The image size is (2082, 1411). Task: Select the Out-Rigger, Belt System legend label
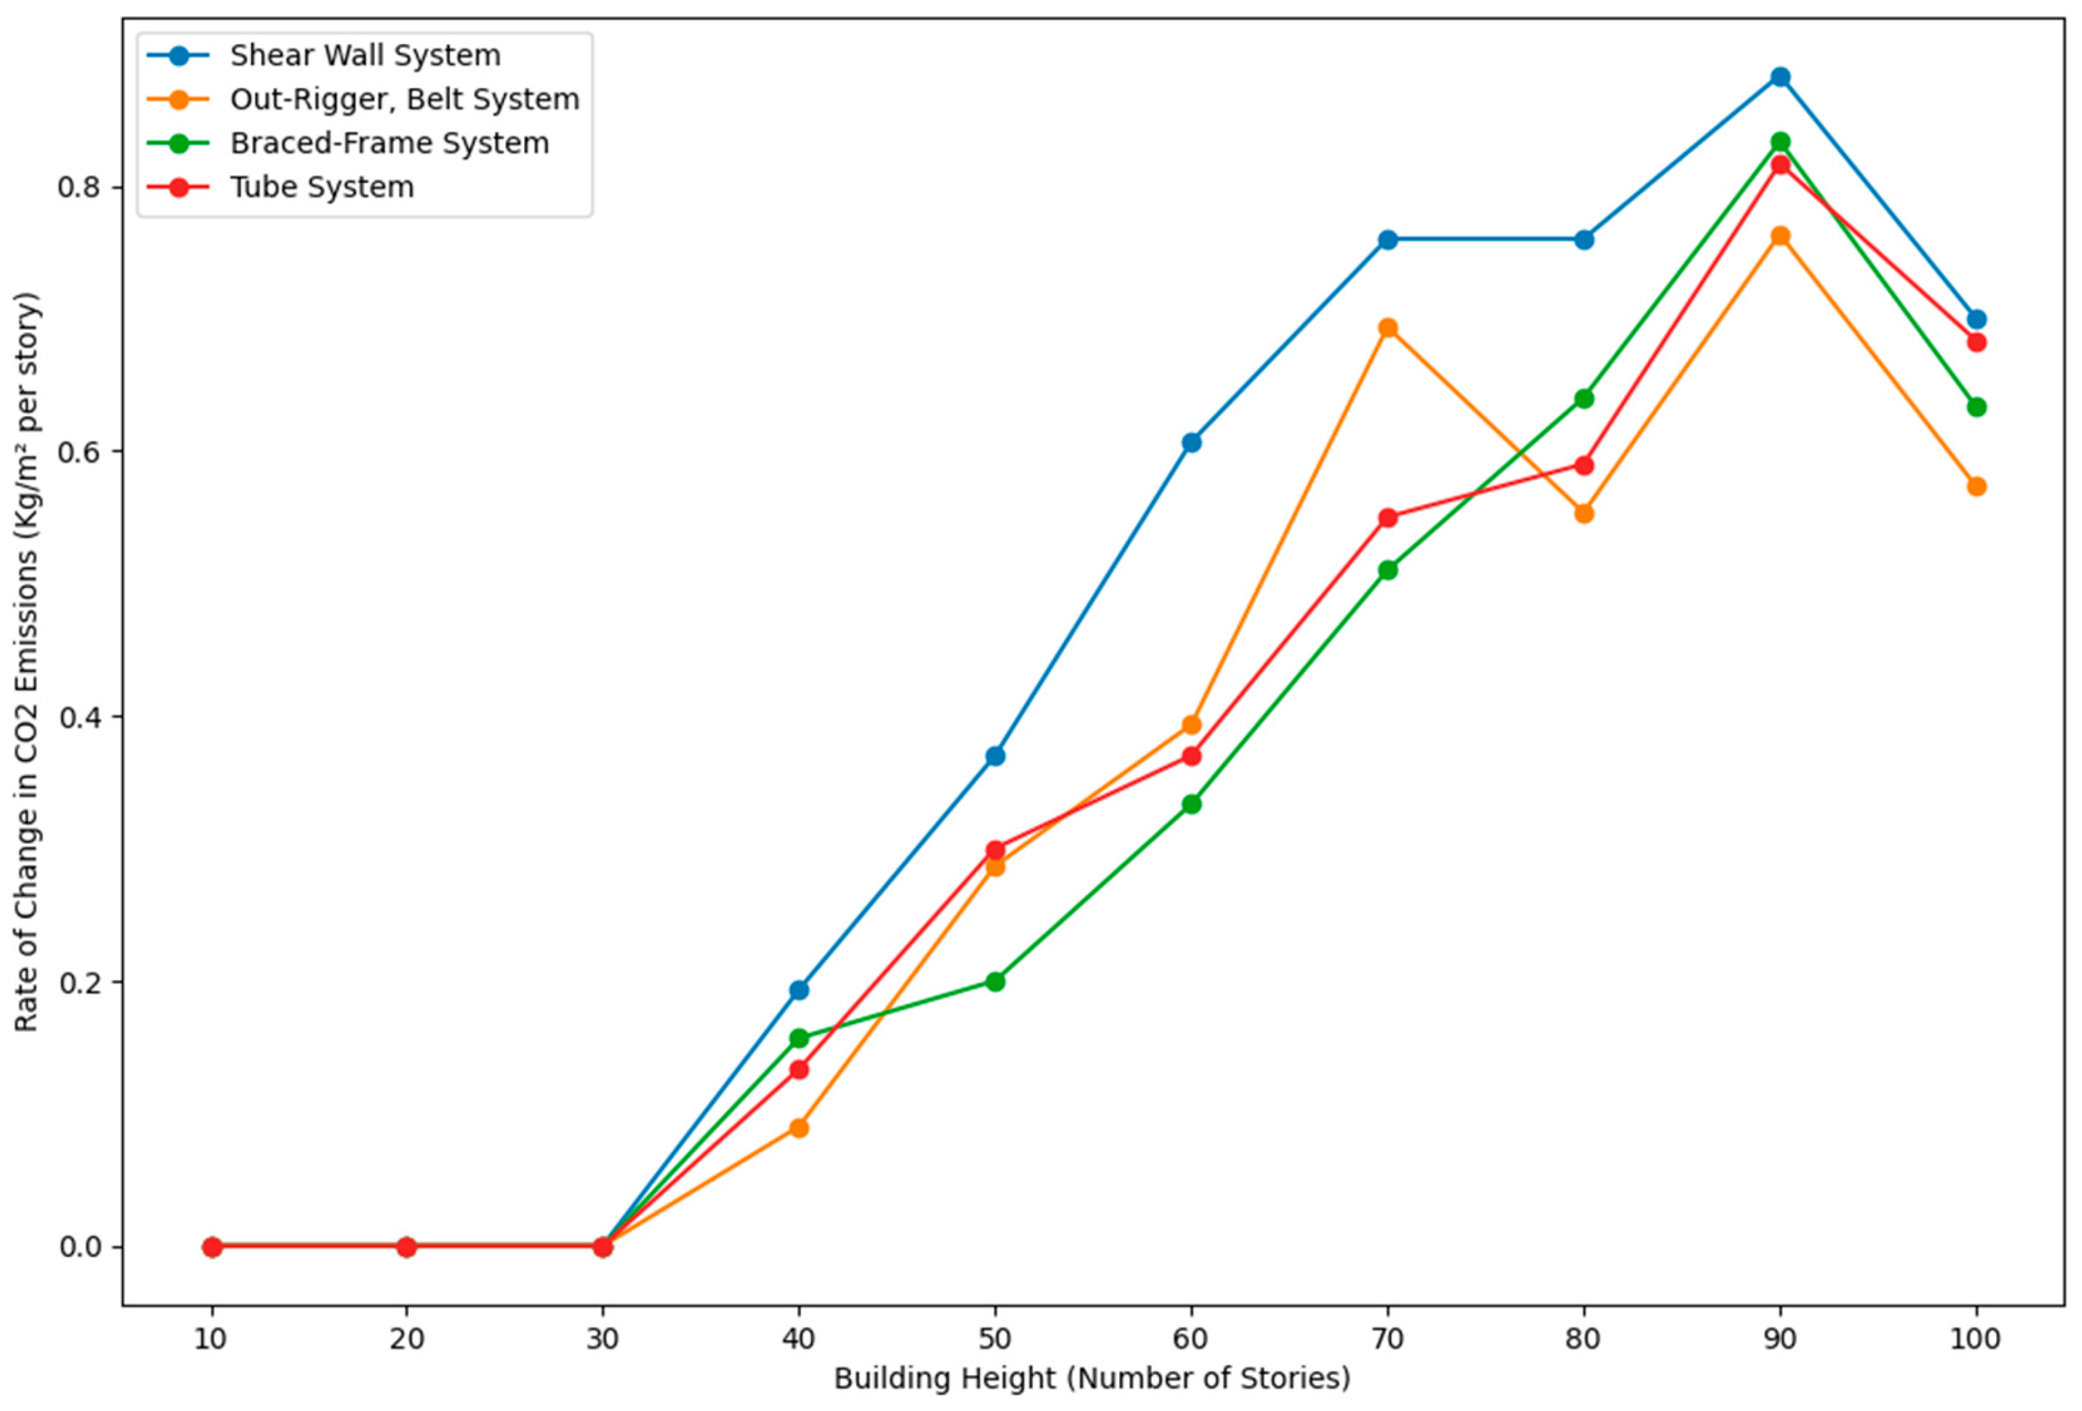tap(404, 99)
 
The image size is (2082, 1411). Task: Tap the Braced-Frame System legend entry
tap(389, 143)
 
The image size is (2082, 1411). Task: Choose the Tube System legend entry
tap(322, 187)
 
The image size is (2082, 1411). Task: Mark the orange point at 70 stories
tap(1388, 328)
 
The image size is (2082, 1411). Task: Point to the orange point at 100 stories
tap(1976, 487)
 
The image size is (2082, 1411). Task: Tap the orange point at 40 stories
tap(799, 1128)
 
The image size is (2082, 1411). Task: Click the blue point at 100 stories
tap(1976, 320)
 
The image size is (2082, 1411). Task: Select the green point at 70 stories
tap(1388, 570)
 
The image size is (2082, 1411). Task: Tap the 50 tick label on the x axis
tap(995, 1338)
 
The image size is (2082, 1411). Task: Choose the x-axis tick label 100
tap(1975, 1338)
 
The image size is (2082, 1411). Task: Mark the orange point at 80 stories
tap(1584, 513)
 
